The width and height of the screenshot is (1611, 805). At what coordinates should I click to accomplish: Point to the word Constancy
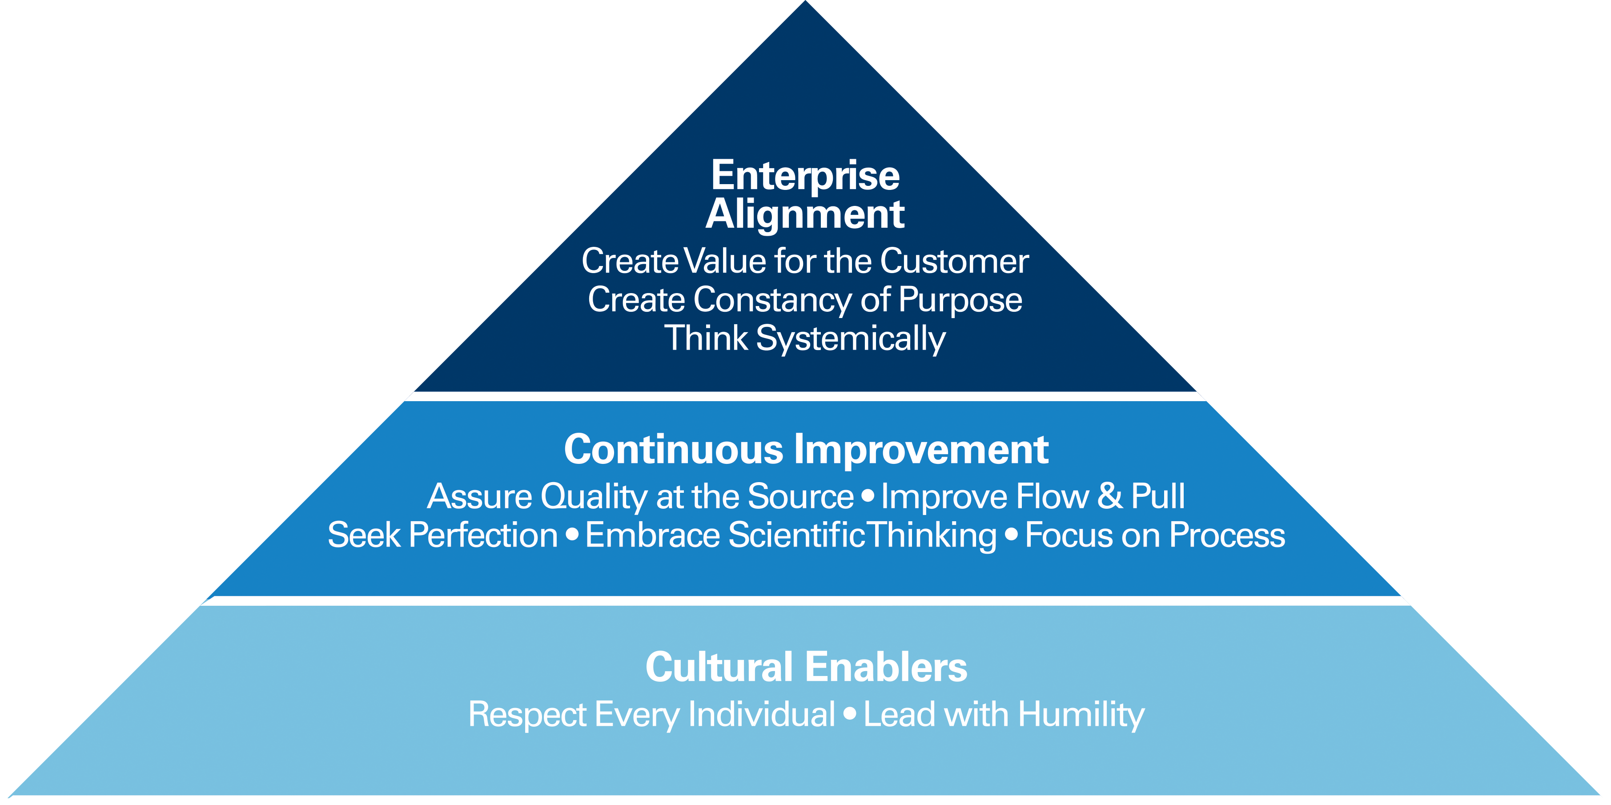[772, 300]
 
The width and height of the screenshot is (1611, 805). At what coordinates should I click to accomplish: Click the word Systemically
[851, 339]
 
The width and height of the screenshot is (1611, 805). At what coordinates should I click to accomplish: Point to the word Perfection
[483, 536]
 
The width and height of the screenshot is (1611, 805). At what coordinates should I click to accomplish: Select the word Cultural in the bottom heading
[719, 668]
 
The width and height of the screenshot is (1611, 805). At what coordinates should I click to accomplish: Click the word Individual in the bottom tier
[761, 715]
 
